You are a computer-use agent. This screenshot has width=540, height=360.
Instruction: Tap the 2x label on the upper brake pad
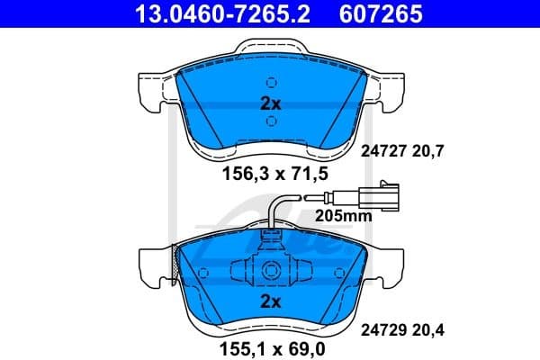[x=271, y=104]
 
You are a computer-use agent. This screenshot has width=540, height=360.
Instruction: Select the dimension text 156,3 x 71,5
[x=270, y=175]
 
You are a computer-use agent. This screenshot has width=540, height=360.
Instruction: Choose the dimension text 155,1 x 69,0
[x=270, y=344]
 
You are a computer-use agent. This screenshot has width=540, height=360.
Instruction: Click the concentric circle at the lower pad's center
[x=271, y=271]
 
